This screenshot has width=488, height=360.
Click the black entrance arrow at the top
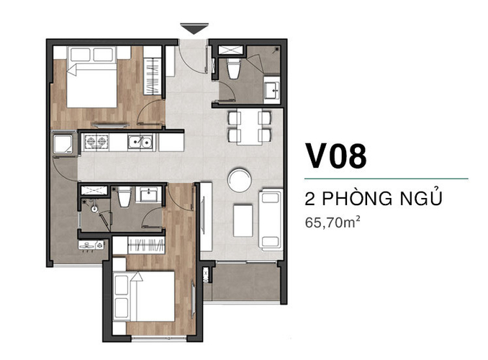pyautogui.click(x=194, y=29)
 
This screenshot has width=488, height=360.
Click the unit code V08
pyautogui.click(x=336, y=156)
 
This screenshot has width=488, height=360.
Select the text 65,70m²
pyautogui.click(x=333, y=222)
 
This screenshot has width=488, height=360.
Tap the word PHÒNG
pyautogui.click(x=357, y=199)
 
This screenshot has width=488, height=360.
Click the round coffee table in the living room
pyautogui.click(x=240, y=180)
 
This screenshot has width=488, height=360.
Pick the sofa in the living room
pyautogui.click(x=271, y=220)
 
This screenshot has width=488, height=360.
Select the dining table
pyautogui.click(x=250, y=127)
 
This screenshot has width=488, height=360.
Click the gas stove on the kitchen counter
pyautogui.click(x=96, y=142)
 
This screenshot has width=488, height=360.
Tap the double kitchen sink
pyautogui.click(x=140, y=142)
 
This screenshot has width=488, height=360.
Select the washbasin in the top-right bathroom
pyautogui.click(x=272, y=88)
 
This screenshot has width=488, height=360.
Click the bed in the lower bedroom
pyautogui.click(x=143, y=296)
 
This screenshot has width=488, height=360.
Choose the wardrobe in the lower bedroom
pyautogui.click(x=145, y=245)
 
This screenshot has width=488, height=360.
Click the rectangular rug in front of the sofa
pyautogui.click(x=243, y=220)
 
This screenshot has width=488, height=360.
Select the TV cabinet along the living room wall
pyautogui.click(x=206, y=217)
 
